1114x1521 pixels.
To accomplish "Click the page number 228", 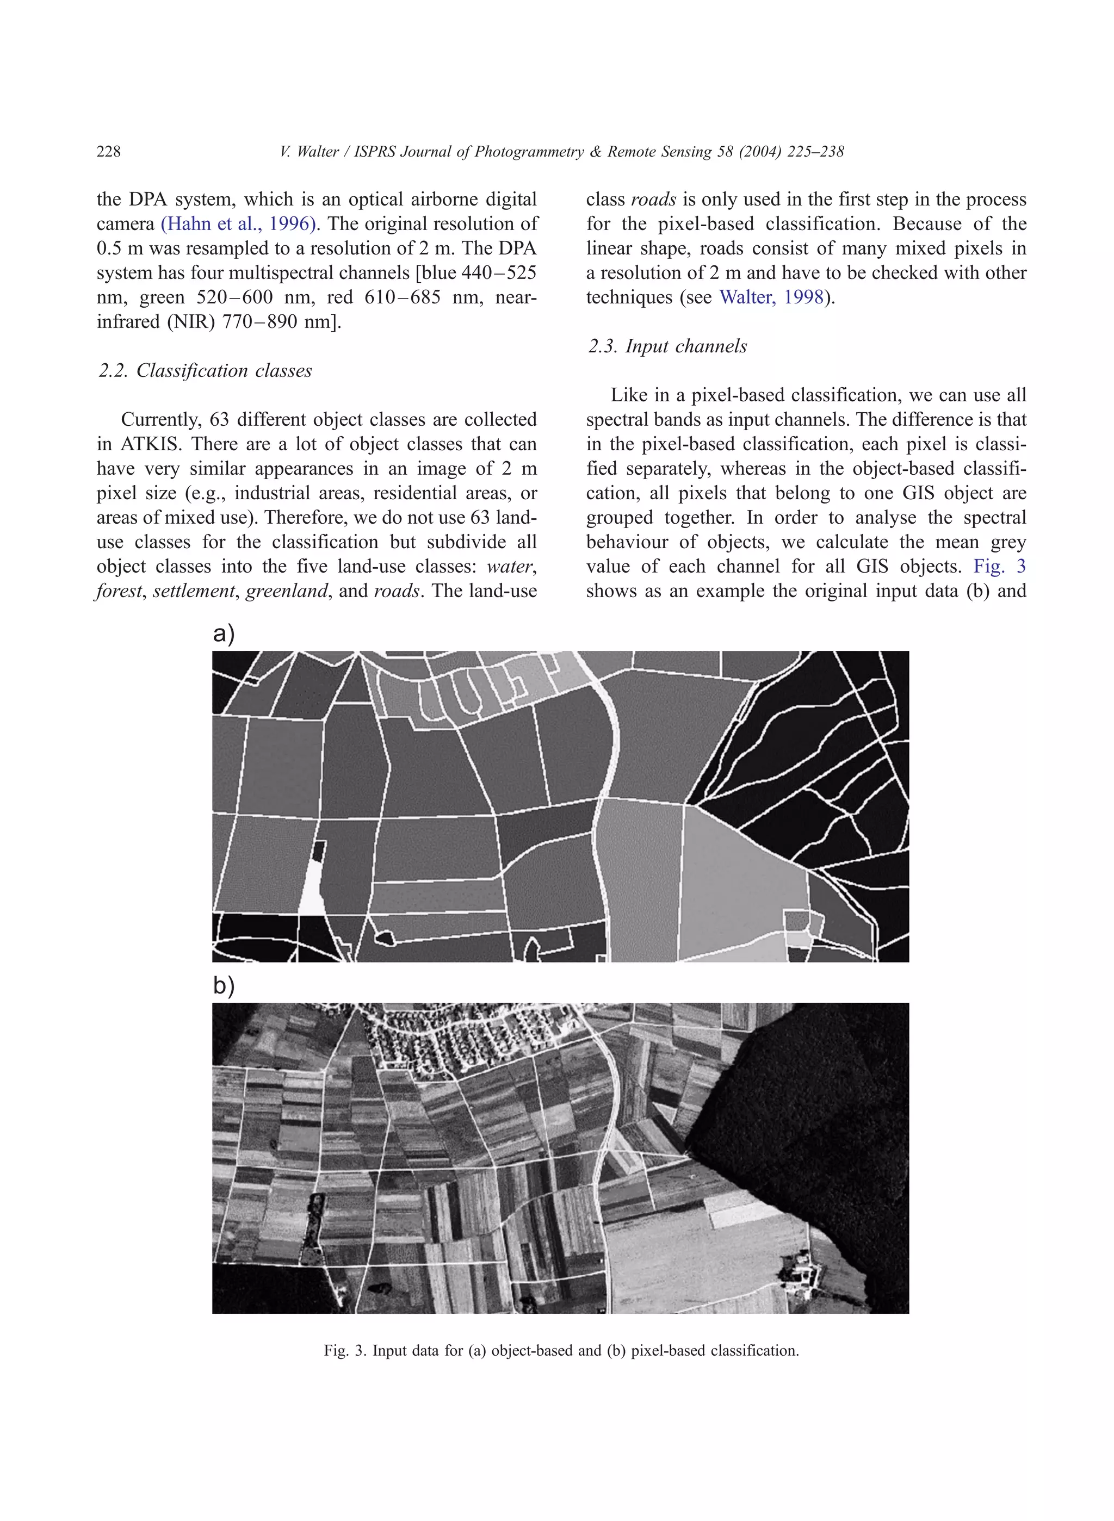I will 109,152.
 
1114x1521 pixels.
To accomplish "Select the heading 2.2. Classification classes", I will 205,371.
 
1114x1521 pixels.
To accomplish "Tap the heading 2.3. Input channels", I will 667,346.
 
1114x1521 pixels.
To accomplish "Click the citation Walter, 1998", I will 771,297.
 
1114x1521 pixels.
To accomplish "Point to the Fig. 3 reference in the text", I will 999,566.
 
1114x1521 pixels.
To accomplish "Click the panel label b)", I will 223,986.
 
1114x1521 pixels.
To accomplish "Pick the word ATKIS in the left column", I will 145,444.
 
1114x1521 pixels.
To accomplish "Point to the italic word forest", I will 119,591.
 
